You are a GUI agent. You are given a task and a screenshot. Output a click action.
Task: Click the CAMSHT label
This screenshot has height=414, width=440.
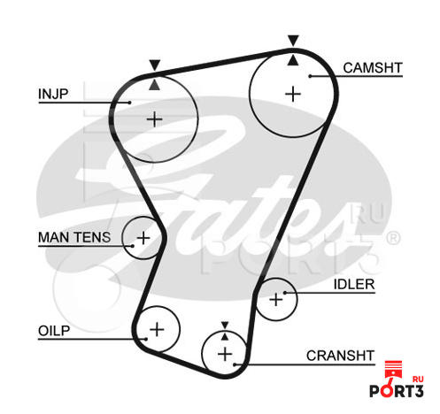coord(373,68)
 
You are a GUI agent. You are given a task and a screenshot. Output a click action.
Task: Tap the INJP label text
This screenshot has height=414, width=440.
coord(53,94)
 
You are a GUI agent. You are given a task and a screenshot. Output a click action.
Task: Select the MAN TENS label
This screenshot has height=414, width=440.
coord(74,237)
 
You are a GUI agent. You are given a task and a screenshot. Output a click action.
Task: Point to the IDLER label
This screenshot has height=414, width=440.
coord(354,284)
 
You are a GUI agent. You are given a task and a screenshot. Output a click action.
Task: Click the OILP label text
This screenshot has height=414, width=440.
coord(54,331)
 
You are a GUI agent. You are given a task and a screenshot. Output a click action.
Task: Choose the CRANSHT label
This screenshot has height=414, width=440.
coord(340,356)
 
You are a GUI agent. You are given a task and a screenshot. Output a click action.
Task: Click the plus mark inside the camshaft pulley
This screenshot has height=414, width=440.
coord(293,94)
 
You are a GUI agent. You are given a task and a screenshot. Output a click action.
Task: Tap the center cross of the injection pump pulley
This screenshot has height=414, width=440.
coord(155,119)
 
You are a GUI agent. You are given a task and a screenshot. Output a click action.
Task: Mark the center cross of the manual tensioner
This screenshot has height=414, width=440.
coord(143,238)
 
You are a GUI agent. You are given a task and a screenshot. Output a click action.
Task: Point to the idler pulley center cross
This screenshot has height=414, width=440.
coord(276,300)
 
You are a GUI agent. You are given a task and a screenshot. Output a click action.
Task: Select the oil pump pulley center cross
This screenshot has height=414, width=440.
coord(157,329)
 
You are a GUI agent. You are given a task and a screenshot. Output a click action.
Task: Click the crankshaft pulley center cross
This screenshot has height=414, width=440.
coord(225,354)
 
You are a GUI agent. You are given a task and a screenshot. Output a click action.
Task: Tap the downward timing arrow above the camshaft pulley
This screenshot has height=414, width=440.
coord(293,41)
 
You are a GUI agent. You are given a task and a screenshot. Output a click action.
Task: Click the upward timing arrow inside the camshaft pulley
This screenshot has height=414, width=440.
coord(293,60)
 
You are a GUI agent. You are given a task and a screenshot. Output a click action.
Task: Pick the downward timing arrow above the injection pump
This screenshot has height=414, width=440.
coord(155,65)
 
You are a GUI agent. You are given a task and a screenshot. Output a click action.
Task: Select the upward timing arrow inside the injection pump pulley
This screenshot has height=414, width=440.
coord(155,85)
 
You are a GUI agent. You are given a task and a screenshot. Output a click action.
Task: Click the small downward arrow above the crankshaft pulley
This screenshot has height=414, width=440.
coord(225,326)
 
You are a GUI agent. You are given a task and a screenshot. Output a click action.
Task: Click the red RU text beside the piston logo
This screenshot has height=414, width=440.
coord(418,379)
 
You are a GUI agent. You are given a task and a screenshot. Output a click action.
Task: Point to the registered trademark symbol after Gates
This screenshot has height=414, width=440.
coord(393,239)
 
